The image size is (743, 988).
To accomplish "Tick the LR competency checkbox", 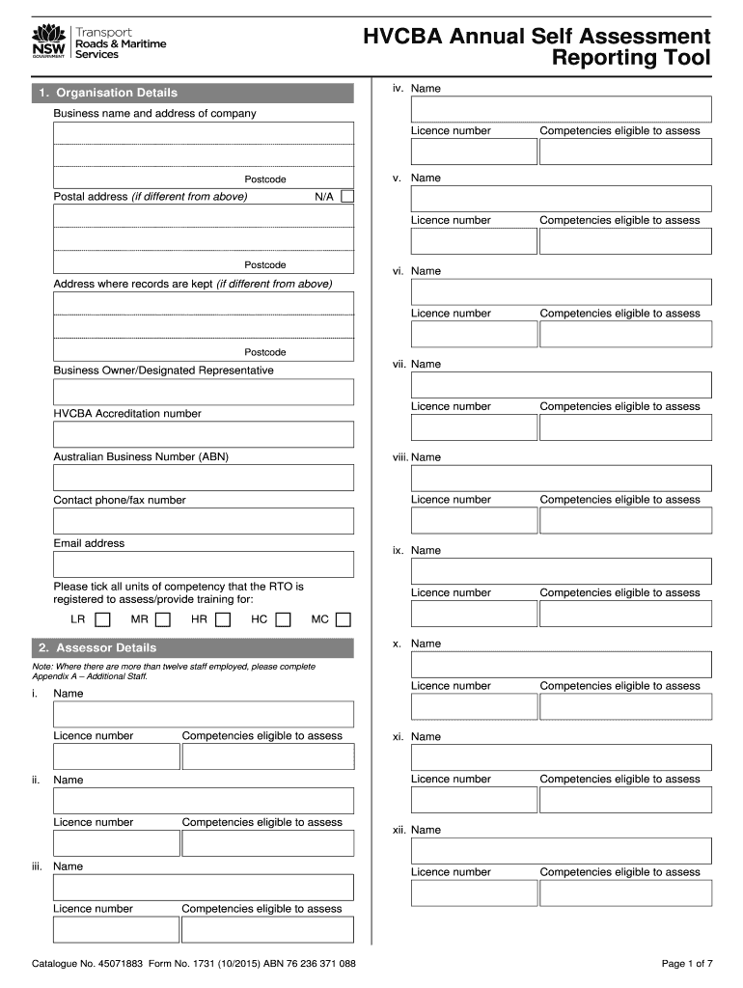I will point(102,619).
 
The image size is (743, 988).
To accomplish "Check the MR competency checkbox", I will point(163,619).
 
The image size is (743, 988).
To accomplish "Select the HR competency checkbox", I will point(223,619).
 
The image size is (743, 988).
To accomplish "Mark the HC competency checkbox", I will point(283,619).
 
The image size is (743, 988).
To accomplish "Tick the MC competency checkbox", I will point(344,619).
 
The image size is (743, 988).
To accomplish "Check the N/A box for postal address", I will point(348,197).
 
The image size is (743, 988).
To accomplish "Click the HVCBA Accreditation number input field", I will point(204,434).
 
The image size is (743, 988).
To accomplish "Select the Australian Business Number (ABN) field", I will point(204,478).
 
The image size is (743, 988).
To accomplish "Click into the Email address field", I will point(204,563).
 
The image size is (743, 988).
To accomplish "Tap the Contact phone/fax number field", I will point(204,521).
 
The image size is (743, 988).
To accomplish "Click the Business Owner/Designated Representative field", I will point(204,392).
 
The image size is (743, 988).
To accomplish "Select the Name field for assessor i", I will point(204,714).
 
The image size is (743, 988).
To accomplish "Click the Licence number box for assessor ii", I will point(116,842).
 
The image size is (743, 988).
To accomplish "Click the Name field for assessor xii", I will point(561,850).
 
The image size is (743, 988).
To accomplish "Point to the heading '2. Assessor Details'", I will point(96,647).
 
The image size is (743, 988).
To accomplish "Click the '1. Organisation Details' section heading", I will point(107,93).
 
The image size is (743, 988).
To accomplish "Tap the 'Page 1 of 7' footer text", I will point(687,963).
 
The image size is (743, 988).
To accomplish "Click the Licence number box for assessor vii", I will point(474,427).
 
